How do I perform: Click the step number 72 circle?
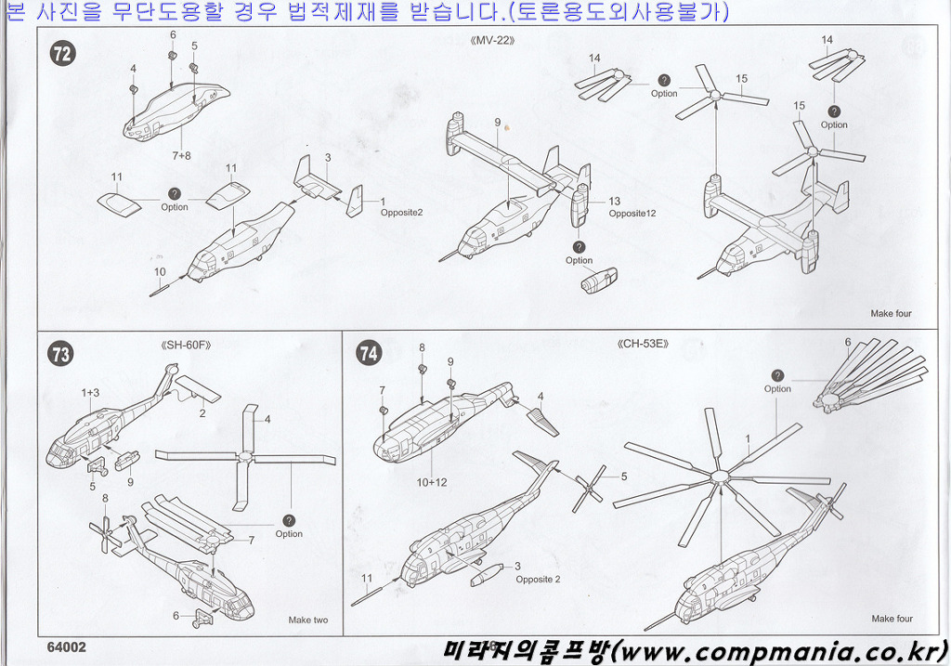63,54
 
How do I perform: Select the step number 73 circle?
61,353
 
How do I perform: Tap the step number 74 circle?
369,353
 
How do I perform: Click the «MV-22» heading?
492,41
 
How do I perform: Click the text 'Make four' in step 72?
891,314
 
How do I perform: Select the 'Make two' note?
307,620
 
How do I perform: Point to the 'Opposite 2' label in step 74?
538,580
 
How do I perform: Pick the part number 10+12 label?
432,482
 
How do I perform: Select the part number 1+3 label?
90,394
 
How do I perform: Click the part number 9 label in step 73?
131,481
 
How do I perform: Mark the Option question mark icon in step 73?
289,520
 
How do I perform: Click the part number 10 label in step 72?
160,272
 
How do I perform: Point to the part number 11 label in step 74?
367,579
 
